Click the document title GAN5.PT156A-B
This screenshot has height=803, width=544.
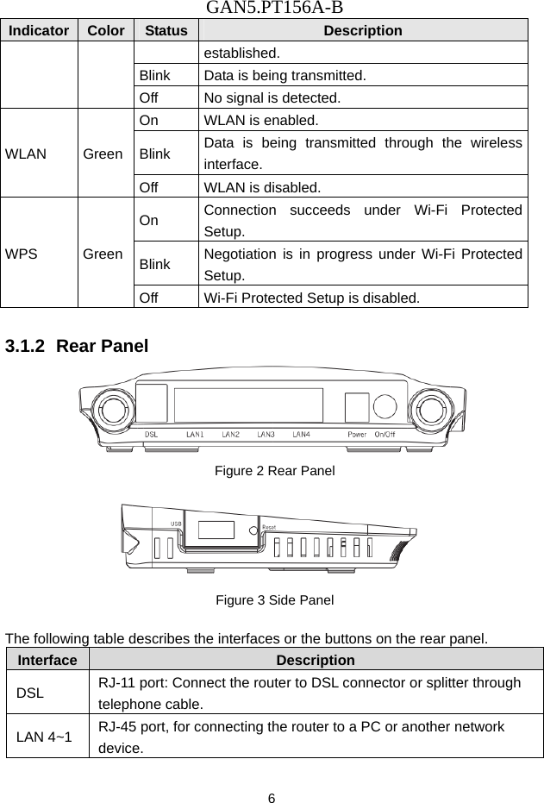[272, 9]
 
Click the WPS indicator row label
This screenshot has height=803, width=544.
[22, 254]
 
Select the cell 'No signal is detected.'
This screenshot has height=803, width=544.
[272, 98]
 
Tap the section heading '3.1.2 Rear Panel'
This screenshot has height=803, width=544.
[77, 347]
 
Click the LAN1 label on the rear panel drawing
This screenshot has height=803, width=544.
[195, 434]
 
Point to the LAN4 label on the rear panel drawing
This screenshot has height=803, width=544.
[301, 434]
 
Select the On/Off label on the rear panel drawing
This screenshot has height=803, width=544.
[385, 434]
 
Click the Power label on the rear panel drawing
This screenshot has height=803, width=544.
[355, 434]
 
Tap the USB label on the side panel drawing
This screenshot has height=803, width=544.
[175, 523]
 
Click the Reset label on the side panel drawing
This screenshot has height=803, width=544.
[269, 526]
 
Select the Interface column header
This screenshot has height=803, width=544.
[46, 660]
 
